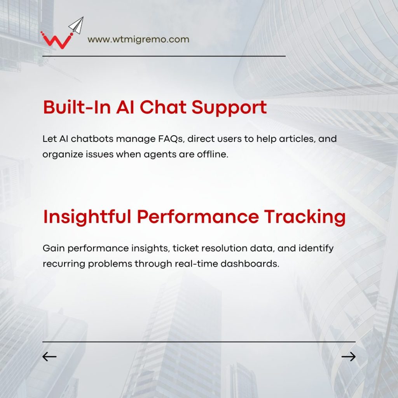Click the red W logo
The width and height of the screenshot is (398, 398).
(57, 40)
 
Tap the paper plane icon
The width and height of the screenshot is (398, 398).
(77, 26)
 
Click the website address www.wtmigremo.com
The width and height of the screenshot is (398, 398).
(138, 40)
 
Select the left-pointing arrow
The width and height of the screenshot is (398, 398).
(49, 357)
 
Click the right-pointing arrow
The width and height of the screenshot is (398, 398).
(349, 357)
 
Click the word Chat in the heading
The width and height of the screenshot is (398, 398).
(163, 107)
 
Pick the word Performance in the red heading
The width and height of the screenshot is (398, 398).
(198, 216)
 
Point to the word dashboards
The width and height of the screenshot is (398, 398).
(250, 264)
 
